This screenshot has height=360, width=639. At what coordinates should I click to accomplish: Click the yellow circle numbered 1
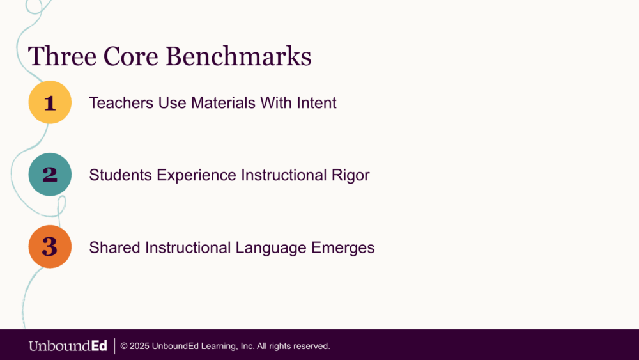[x=50, y=102]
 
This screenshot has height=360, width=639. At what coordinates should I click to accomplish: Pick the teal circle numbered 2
[x=50, y=175]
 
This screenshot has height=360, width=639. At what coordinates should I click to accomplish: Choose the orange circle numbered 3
[x=50, y=247]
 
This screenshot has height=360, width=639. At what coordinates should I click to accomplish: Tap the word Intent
[x=316, y=102]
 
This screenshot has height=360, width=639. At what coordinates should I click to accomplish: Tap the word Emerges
[x=343, y=247]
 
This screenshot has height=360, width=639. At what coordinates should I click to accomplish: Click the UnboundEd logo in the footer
[x=68, y=346]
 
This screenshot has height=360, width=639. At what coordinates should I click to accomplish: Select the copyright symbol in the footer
[x=125, y=346]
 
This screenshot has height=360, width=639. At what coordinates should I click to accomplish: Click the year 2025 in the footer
[x=139, y=346]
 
